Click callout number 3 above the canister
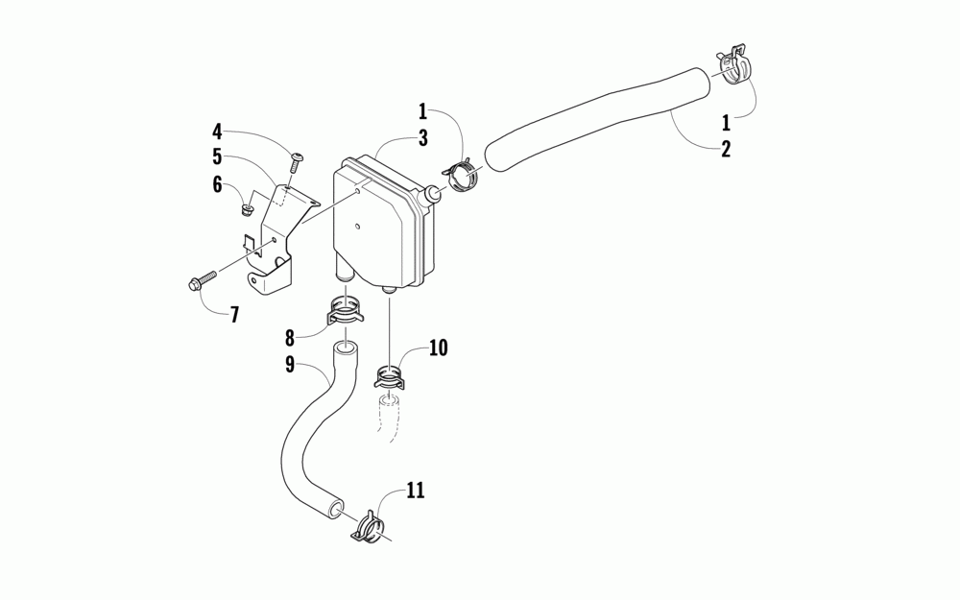click(x=421, y=137)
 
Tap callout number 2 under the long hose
click(x=726, y=149)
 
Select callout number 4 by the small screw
click(x=217, y=130)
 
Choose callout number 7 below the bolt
click(x=234, y=314)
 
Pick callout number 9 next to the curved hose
click(x=289, y=364)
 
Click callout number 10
click(x=438, y=347)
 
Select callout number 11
click(x=415, y=491)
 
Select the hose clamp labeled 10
click(x=390, y=375)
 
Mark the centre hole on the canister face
click(x=357, y=228)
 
